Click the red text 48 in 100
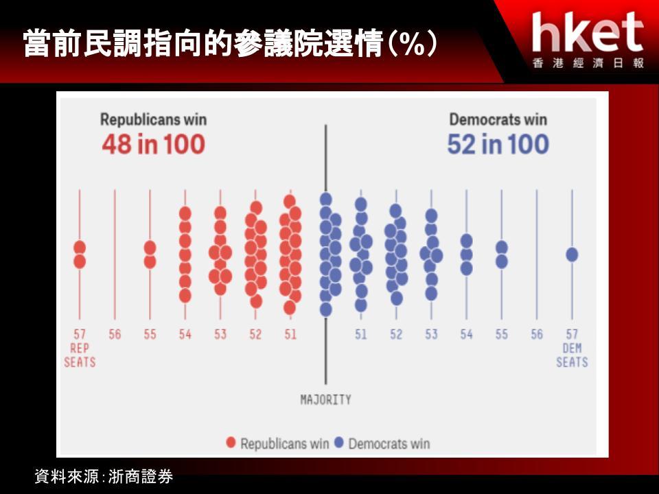[153, 145]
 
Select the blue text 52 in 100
[498, 145]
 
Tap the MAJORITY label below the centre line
[325, 399]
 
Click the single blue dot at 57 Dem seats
[572, 255]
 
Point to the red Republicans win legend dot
[231, 443]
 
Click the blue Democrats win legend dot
[338, 443]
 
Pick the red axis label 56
[115, 334]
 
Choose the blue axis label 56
[537, 334]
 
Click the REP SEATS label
[80, 355]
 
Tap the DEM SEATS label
[572, 355]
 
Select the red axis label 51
[290, 334]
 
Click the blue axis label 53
[431, 334]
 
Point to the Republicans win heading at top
[153, 119]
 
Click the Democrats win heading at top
[498, 119]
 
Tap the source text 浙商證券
[141, 476]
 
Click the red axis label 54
[185, 334]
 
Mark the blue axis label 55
[501, 334]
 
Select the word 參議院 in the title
[279, 43]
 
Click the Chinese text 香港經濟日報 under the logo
[588, 63]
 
